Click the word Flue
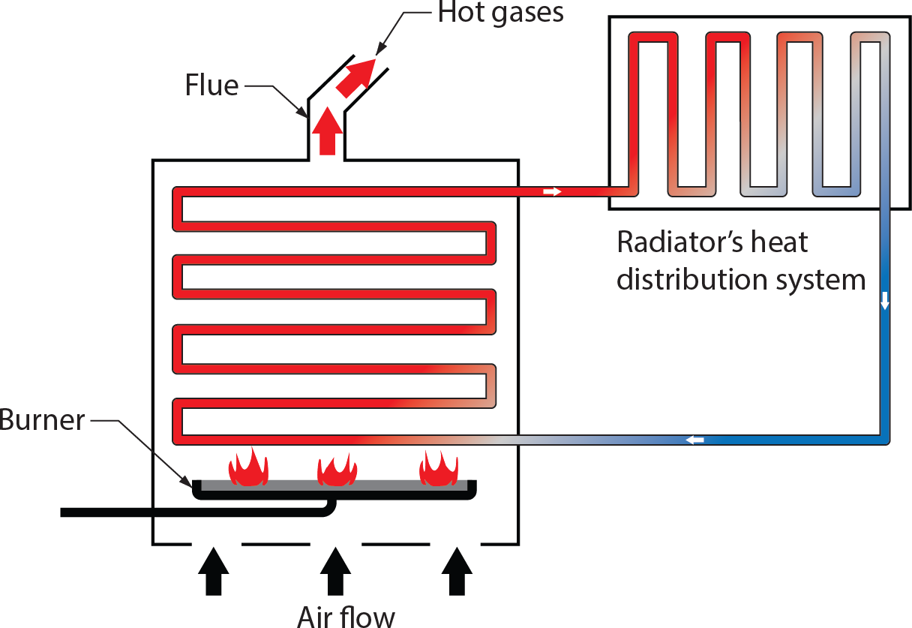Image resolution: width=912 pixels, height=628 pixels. tap(211, 86)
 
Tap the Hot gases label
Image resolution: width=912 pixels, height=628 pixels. tap(501, 13)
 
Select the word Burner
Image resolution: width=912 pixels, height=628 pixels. tap(42, 420)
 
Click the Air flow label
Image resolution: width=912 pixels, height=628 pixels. tap(346, 616)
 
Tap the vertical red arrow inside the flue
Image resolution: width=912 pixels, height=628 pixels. tap(326, 131)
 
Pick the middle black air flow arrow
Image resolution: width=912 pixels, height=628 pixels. tap(335, 571)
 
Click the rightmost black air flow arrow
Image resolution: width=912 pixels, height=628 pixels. tap(457, 571)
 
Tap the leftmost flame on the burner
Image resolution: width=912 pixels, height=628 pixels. tap(247, 468)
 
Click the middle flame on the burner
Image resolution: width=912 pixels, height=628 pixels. tap(337, 470)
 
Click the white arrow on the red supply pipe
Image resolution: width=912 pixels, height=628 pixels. tap(552, 192)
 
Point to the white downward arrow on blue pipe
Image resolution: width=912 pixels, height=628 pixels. tap(885, 300)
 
